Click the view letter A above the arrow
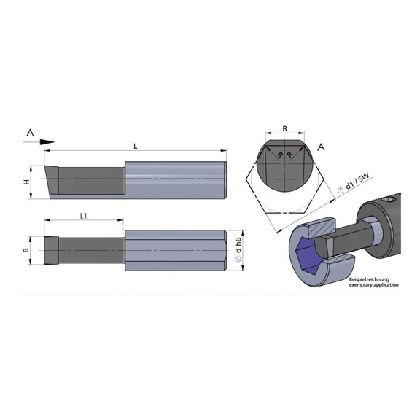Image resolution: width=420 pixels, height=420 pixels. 31,132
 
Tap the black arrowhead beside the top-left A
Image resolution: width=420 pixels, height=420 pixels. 47,142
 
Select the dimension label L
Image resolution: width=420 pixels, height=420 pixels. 136,147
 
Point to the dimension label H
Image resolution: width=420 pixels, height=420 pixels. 26,182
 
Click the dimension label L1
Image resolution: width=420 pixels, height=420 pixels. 84,216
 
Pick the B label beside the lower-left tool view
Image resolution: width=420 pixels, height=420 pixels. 26,250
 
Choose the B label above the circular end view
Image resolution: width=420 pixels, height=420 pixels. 284,128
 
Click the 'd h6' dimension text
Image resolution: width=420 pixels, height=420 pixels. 239,245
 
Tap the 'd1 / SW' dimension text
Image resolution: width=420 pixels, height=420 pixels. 357,181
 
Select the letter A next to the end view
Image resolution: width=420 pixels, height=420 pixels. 321,147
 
